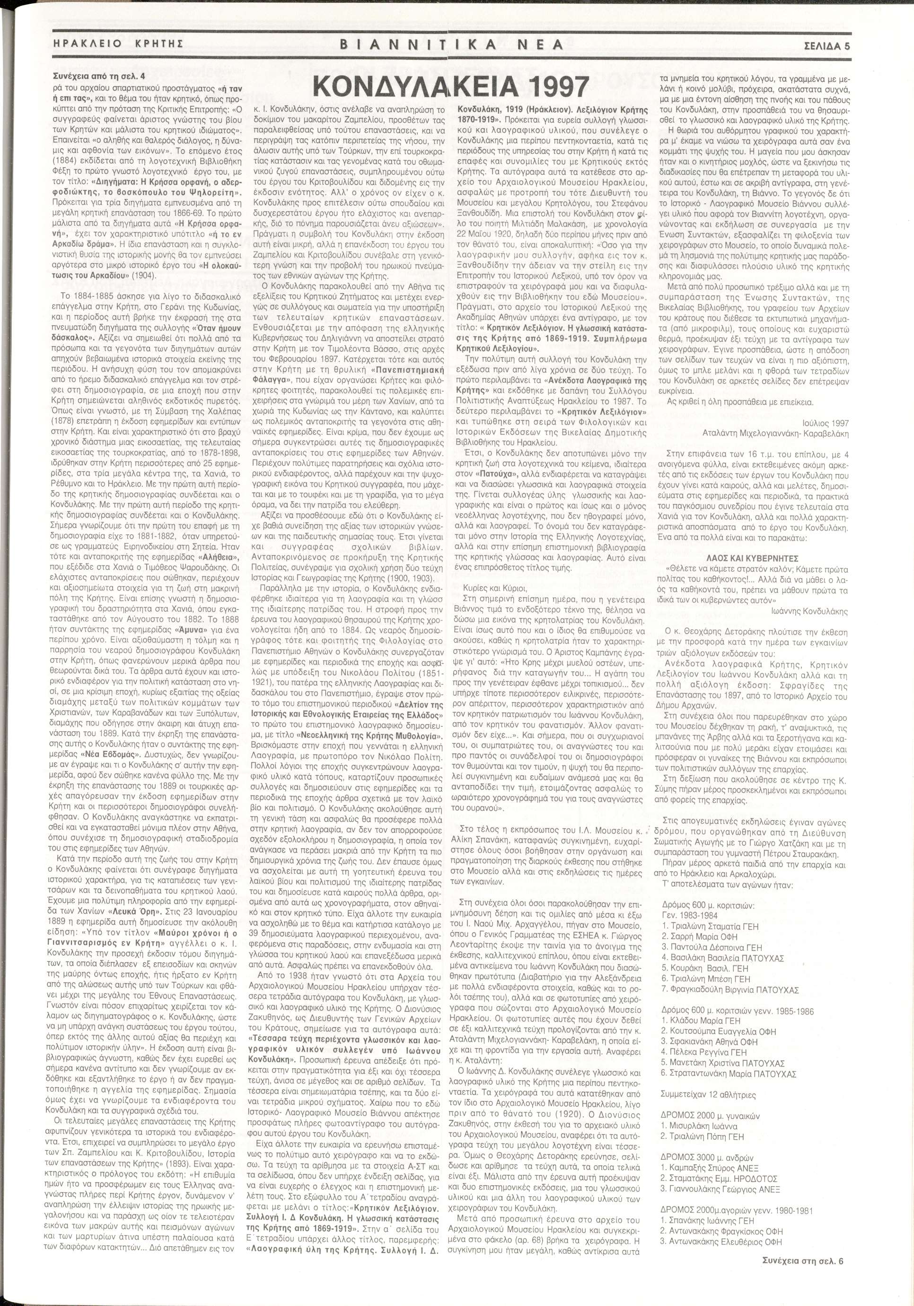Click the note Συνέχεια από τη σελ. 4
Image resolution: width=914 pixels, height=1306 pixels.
click(x=107, y=74)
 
